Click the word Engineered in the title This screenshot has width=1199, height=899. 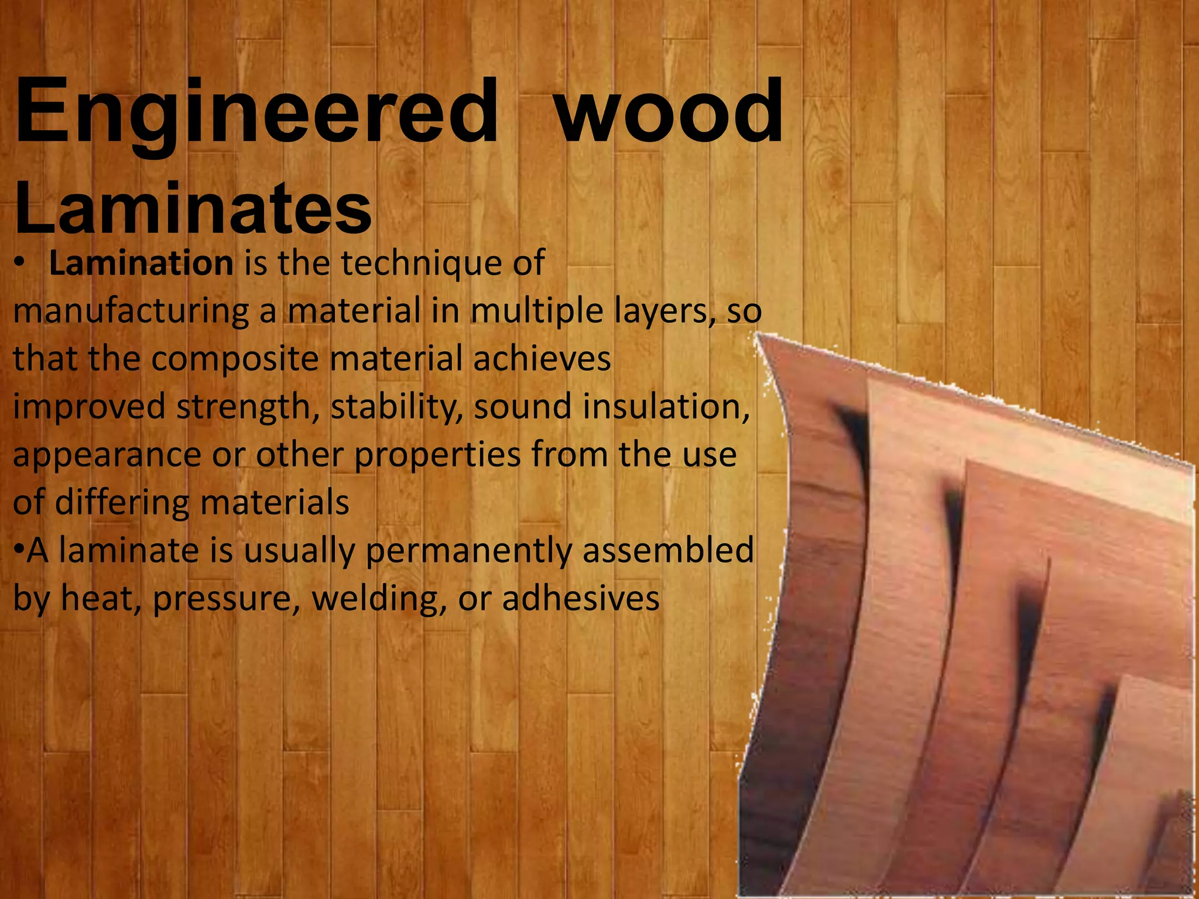(256, 112)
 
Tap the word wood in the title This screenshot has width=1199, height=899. (669, 112)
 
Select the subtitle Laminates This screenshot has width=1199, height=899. (193, 208)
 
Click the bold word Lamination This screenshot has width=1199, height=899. (141, 263)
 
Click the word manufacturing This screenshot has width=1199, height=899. (131, 311)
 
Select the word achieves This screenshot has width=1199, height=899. (542, 358)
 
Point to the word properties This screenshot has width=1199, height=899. (437, 455)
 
